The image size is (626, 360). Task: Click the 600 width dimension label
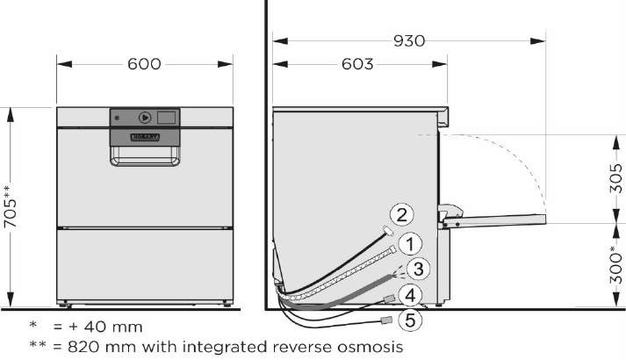145,64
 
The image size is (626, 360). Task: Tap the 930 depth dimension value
408,41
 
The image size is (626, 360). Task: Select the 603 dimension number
356,64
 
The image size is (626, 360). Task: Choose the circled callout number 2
400,214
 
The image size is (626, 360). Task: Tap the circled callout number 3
419,268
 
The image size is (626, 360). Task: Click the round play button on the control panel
145,118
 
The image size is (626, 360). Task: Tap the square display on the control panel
167,117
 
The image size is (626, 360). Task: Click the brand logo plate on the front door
145,137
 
